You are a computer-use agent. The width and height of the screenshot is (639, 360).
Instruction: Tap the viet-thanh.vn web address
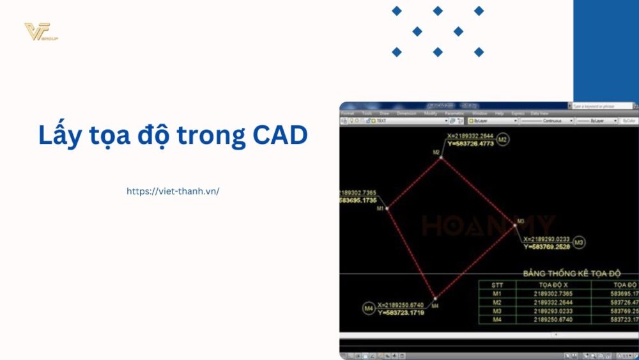pyautogui.click(x=173, y=191)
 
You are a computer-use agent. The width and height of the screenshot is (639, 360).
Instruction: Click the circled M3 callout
pyautogui.click(x=579, y=242)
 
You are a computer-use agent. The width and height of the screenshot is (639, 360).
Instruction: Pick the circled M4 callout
pyautogui.click(x=368, y=309)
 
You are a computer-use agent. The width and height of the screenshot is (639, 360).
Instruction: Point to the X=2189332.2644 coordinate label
pyautogui.click(x=470, y=136)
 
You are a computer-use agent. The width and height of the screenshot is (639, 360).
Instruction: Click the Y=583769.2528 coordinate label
pyautogui.click(x=546, y=246)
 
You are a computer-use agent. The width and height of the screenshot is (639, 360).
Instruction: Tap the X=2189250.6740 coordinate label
pyautogui.click(x=401, y=305)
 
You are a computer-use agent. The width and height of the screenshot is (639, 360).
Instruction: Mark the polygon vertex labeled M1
pyautogui.click(x=387, y=208)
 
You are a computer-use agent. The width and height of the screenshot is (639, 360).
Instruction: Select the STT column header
pyautogui.click(x=497, y=285)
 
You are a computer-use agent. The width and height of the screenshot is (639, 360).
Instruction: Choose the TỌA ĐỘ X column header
pyautogui.click(x=553, y=285)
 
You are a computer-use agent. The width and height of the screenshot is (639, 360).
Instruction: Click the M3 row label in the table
pyautogui.click(x=497, y=310)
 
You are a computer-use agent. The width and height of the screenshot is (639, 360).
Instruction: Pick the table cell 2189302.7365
pyautogui.click(x=553, y=293)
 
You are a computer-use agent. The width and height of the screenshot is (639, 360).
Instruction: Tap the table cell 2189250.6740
pyautogui.click(x=553, y=318)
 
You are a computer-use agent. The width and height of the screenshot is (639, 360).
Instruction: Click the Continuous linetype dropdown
pyautogui.click(x=547, y=120)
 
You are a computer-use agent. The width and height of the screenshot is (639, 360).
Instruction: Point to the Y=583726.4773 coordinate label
pyautogui.click(x=470, y=144)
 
